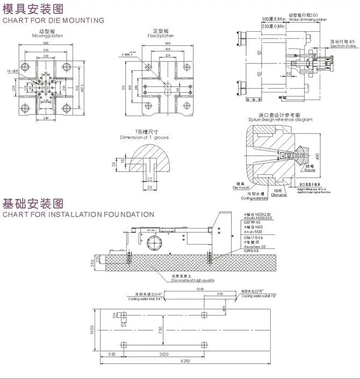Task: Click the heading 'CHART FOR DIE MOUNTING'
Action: [53, 20]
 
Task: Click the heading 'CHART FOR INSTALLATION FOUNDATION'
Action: [78, 214]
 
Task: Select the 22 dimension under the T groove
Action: [149, 178]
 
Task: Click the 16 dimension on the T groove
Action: [123, 161]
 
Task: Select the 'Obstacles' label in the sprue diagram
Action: [279, 195]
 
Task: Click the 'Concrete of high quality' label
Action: [193, 280]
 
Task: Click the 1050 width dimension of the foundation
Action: [93, 328]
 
